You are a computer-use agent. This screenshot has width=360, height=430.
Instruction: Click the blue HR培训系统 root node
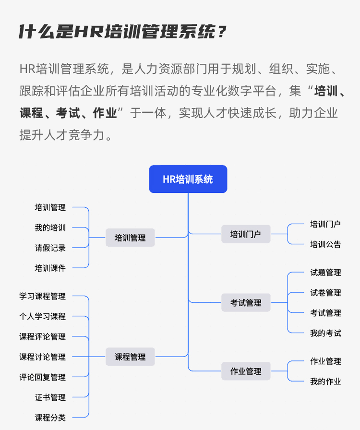coord(188,179)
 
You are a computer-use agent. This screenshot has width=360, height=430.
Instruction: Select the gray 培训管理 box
coord(130,238)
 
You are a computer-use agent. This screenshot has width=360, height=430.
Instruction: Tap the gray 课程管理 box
coord(130,357)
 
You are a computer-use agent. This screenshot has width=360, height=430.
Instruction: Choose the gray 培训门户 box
coord(246,234)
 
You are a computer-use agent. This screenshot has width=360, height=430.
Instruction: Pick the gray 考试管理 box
coord(246,303)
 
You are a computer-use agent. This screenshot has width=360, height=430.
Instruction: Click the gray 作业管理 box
coord(246,371)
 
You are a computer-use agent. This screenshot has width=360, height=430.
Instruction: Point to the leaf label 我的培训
coord(50,228)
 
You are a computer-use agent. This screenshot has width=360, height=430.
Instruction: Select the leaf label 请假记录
coord(50,248)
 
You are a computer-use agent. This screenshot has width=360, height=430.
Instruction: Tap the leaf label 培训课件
coord(50,268)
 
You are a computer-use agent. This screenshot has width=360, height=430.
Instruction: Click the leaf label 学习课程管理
coord(42,297)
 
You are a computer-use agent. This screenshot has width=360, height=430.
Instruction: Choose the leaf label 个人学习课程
coord(42,317)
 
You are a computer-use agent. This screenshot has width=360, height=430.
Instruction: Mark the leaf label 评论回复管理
coord(42,377)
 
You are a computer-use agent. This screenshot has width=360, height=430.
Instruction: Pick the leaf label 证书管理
coord(50,397)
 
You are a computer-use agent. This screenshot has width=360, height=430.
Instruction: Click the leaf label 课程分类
coord(50,418)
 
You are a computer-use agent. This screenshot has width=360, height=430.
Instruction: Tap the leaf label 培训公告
coord(325,244)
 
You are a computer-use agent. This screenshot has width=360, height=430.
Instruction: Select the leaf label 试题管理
coord(325,273)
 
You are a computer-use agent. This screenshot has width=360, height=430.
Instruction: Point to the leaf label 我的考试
coord(325,333)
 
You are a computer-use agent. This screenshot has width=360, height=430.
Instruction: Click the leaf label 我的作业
coord(325,382)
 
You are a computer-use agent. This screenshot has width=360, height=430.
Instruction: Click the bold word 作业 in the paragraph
coord(105,113)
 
